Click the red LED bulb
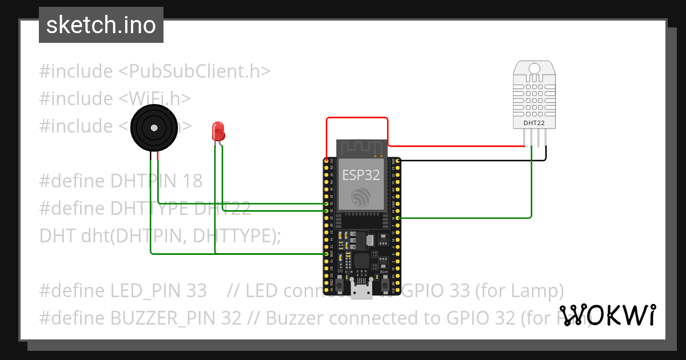coord(218,131)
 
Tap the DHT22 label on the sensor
coord(534,122)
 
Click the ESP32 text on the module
coord(361,175)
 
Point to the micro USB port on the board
coord(361,293)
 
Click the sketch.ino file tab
coord(101,25)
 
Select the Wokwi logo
coord(607,315)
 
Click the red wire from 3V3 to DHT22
coord(357,118)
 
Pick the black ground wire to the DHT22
coord(469,161)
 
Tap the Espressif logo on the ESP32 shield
coord(361,197)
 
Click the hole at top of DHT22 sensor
coord(534,69)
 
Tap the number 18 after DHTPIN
coord(193,181)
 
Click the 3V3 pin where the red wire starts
coord(326,161)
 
